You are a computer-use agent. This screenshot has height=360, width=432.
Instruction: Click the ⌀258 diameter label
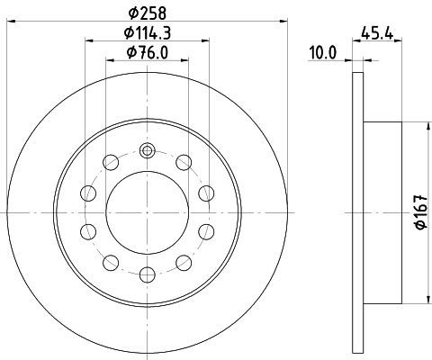click(147, 13)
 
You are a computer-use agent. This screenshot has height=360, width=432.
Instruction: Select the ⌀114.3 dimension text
click(148, 33)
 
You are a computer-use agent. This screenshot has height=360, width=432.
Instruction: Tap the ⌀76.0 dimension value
click(148, 53)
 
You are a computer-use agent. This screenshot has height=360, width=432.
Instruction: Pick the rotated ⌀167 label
click(421, 212)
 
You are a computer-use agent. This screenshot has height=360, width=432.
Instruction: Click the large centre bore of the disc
click(147, 212)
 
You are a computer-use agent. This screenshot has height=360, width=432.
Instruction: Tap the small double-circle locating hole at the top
click(147, 150)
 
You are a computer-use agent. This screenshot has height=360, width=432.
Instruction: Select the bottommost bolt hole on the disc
click(148, 274)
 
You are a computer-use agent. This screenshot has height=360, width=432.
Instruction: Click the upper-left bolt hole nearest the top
click(111, 163)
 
